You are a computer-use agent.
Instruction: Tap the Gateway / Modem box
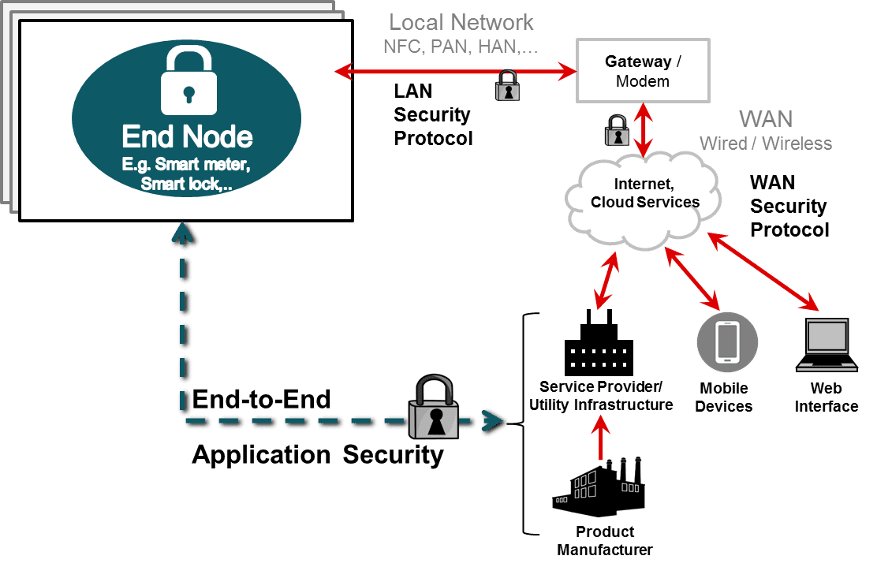click(642, 71)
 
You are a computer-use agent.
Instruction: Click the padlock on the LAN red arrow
click(506, 85)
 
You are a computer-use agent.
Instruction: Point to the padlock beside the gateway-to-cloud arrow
click(617, 130)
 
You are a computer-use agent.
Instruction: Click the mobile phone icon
click(726, 342)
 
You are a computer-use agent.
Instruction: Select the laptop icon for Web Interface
click(826, 345)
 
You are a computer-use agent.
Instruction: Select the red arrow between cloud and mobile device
click(692, 278)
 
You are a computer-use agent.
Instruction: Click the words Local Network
click(461, 23)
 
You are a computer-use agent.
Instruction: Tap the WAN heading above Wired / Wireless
click(765, 119)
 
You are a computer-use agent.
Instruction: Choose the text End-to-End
click(262, 399)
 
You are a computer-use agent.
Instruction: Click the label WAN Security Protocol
click(788, 206)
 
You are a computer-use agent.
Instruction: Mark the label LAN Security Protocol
click(432, 115)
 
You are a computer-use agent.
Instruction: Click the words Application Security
click(318, 454)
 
